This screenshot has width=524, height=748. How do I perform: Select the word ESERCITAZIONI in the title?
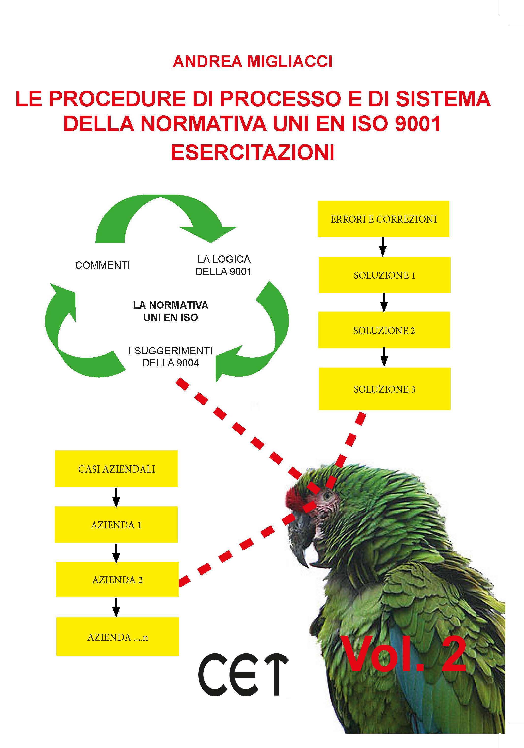[253, 152]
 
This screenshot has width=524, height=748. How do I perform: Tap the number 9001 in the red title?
[418, 124]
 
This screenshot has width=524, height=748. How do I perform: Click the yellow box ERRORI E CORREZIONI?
[383, 219]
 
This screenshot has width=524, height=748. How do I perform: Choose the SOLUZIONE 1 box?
[385, 275]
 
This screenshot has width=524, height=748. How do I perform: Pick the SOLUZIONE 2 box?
[384, 330]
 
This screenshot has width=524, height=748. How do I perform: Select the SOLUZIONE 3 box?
[385, 389]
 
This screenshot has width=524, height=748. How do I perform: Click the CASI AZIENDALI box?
[116, 469]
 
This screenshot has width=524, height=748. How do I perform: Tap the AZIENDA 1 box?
[116, 525]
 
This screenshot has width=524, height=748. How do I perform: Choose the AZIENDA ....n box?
[118, 637]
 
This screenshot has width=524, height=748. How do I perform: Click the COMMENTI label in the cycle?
[102, 265]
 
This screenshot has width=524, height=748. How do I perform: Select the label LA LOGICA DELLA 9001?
[224, 265]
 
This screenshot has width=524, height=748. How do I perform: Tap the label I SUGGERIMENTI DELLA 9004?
[171, 357]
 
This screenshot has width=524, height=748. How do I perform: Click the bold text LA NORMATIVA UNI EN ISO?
[171, 311]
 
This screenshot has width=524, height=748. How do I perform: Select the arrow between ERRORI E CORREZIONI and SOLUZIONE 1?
[383, 247]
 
